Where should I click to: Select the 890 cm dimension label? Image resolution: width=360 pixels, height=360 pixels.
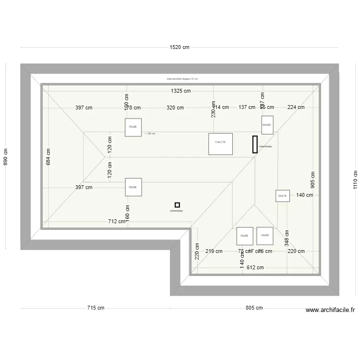(6, 156)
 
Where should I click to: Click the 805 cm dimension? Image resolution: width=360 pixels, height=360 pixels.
(254, 308)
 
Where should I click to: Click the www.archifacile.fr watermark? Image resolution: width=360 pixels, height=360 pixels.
(330, 311)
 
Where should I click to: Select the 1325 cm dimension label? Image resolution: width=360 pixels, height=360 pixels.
(180, 91)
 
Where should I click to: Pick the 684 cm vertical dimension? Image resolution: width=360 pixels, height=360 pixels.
(48, 156)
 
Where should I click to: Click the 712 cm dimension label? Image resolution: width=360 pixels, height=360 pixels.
(117, 221)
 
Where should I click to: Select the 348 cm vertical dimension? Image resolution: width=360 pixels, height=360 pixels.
(287, 237)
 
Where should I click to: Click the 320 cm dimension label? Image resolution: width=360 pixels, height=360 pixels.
(175, 108)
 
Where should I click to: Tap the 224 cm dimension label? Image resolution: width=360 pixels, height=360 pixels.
(296, 108)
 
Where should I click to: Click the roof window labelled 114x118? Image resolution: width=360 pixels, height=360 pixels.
(220, 144)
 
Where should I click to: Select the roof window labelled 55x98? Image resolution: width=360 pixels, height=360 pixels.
(267, 124)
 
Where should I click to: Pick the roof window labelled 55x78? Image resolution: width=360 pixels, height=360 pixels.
(282, 196)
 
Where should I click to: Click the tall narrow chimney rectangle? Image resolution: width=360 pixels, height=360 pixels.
(255, 144)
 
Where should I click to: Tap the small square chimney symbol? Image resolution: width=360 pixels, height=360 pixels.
(177, 204)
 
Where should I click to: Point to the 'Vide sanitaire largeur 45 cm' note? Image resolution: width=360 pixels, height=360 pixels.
(182, 79)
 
